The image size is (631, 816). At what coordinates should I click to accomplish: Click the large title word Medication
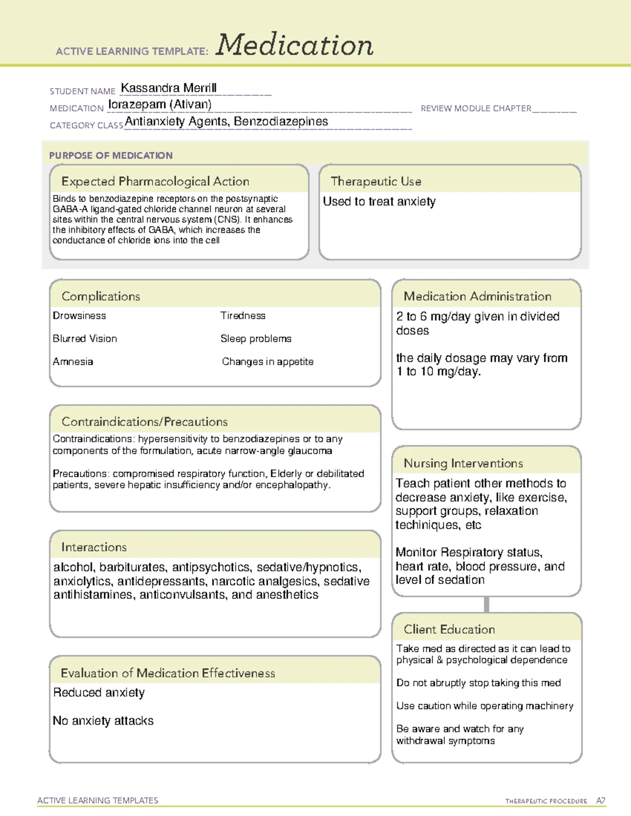[294, 46]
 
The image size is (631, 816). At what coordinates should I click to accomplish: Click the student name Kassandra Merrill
[168, 88]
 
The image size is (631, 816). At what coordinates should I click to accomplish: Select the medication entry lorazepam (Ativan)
[160, 105]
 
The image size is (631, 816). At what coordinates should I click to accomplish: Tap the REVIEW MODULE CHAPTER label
[476, 108]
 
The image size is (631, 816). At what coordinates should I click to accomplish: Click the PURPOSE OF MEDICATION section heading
[111, 156]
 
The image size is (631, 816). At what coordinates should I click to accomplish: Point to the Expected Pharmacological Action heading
[155, 181]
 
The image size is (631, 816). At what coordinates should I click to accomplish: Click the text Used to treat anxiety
[379, 202]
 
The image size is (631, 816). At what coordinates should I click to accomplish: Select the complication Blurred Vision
[85, 339]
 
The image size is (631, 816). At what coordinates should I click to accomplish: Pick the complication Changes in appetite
[267, 361]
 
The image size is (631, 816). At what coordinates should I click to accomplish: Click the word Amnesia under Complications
[73, 361]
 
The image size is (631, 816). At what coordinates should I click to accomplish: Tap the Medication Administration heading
[477, 296]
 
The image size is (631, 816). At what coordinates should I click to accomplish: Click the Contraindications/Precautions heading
[145, 421]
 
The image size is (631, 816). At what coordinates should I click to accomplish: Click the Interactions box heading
[94, 547]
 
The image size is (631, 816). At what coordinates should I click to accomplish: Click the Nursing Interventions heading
[463, 463]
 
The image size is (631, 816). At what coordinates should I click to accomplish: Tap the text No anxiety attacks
[103, 721]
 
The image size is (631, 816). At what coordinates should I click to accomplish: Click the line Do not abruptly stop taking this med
[479, 683]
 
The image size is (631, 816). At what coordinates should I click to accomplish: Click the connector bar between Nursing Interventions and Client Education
[486, 604]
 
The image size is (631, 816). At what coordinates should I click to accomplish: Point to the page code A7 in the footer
[601, 801]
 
